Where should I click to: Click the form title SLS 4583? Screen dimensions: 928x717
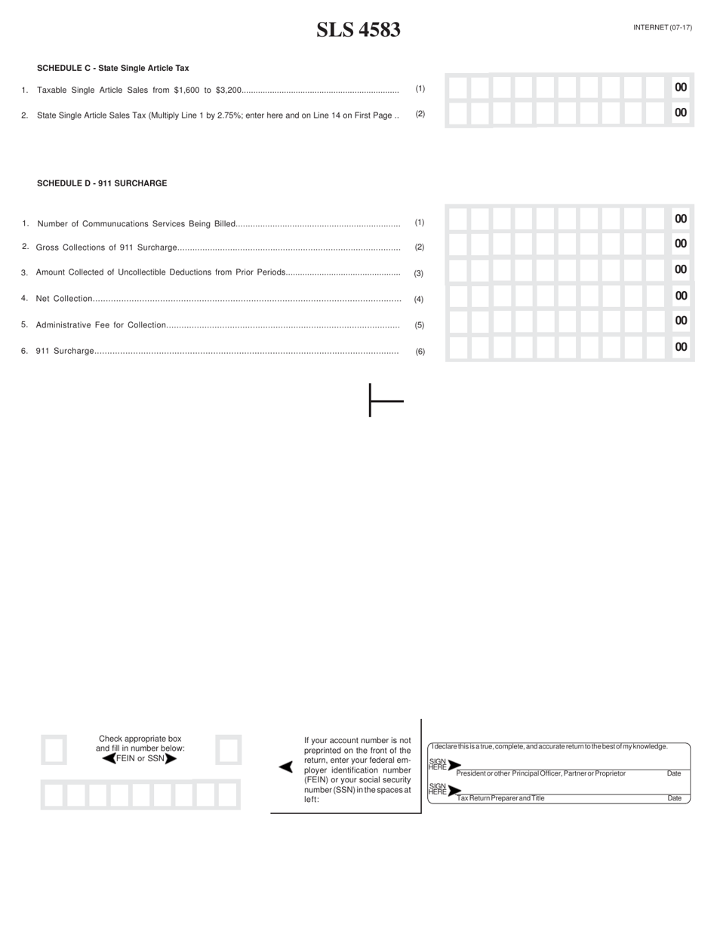358,30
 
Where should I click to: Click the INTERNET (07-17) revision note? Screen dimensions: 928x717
662,27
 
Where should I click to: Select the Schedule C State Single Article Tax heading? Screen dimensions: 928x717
112,68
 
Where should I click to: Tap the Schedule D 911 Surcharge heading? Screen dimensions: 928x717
102,183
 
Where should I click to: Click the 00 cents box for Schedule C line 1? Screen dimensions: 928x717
681,88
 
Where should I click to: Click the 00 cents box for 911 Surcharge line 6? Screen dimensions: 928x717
681,347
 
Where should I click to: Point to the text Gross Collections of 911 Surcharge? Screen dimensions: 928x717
106,247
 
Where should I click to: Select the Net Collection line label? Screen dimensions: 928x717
63,299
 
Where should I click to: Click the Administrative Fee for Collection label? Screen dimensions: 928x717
100,325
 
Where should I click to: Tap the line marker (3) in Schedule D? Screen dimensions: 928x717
419,273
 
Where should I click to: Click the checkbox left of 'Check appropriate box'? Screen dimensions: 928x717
54,750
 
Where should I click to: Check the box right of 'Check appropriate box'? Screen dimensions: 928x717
228,750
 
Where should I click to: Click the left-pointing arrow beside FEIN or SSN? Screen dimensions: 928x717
109,758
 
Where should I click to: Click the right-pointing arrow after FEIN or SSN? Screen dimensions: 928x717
171,758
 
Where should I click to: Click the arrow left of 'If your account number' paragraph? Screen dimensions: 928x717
285,767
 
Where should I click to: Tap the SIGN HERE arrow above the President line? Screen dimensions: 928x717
454,765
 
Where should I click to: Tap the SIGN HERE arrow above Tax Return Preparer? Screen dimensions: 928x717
454,791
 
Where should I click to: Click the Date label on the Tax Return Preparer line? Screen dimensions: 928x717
674,798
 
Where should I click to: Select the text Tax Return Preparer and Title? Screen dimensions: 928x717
500,798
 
